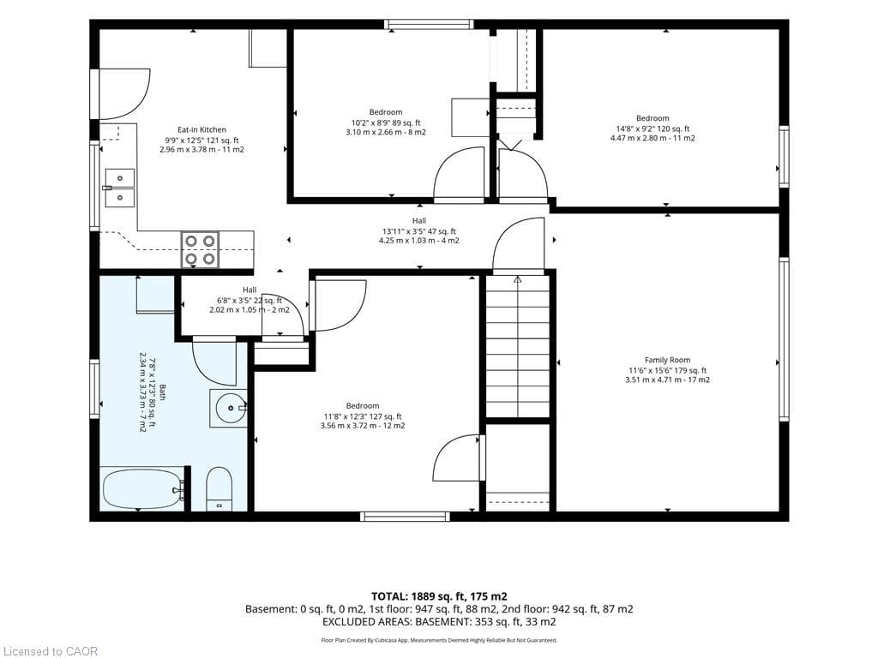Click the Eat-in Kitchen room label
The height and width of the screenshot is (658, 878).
pyautogui.click(x=201, y=130)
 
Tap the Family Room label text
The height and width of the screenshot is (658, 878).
pyautogui.click(x=667, y=360)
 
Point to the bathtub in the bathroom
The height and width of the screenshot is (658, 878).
pyautogui.click(x=143, y=489)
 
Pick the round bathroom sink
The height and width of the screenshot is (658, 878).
pyautogui.click(x=228, y=408)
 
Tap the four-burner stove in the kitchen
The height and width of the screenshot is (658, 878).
pyautogui.click(x=200, y=249)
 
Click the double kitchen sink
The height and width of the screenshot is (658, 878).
pyautogui.click(x=119, y=188)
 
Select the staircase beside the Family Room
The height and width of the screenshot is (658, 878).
pyautogui.click(x=517, y=346)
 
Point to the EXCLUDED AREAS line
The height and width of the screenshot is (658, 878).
pyautogui.click(x=439, y=622)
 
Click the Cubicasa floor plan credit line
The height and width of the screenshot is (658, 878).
pyautogui.click(x=439, y=640)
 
